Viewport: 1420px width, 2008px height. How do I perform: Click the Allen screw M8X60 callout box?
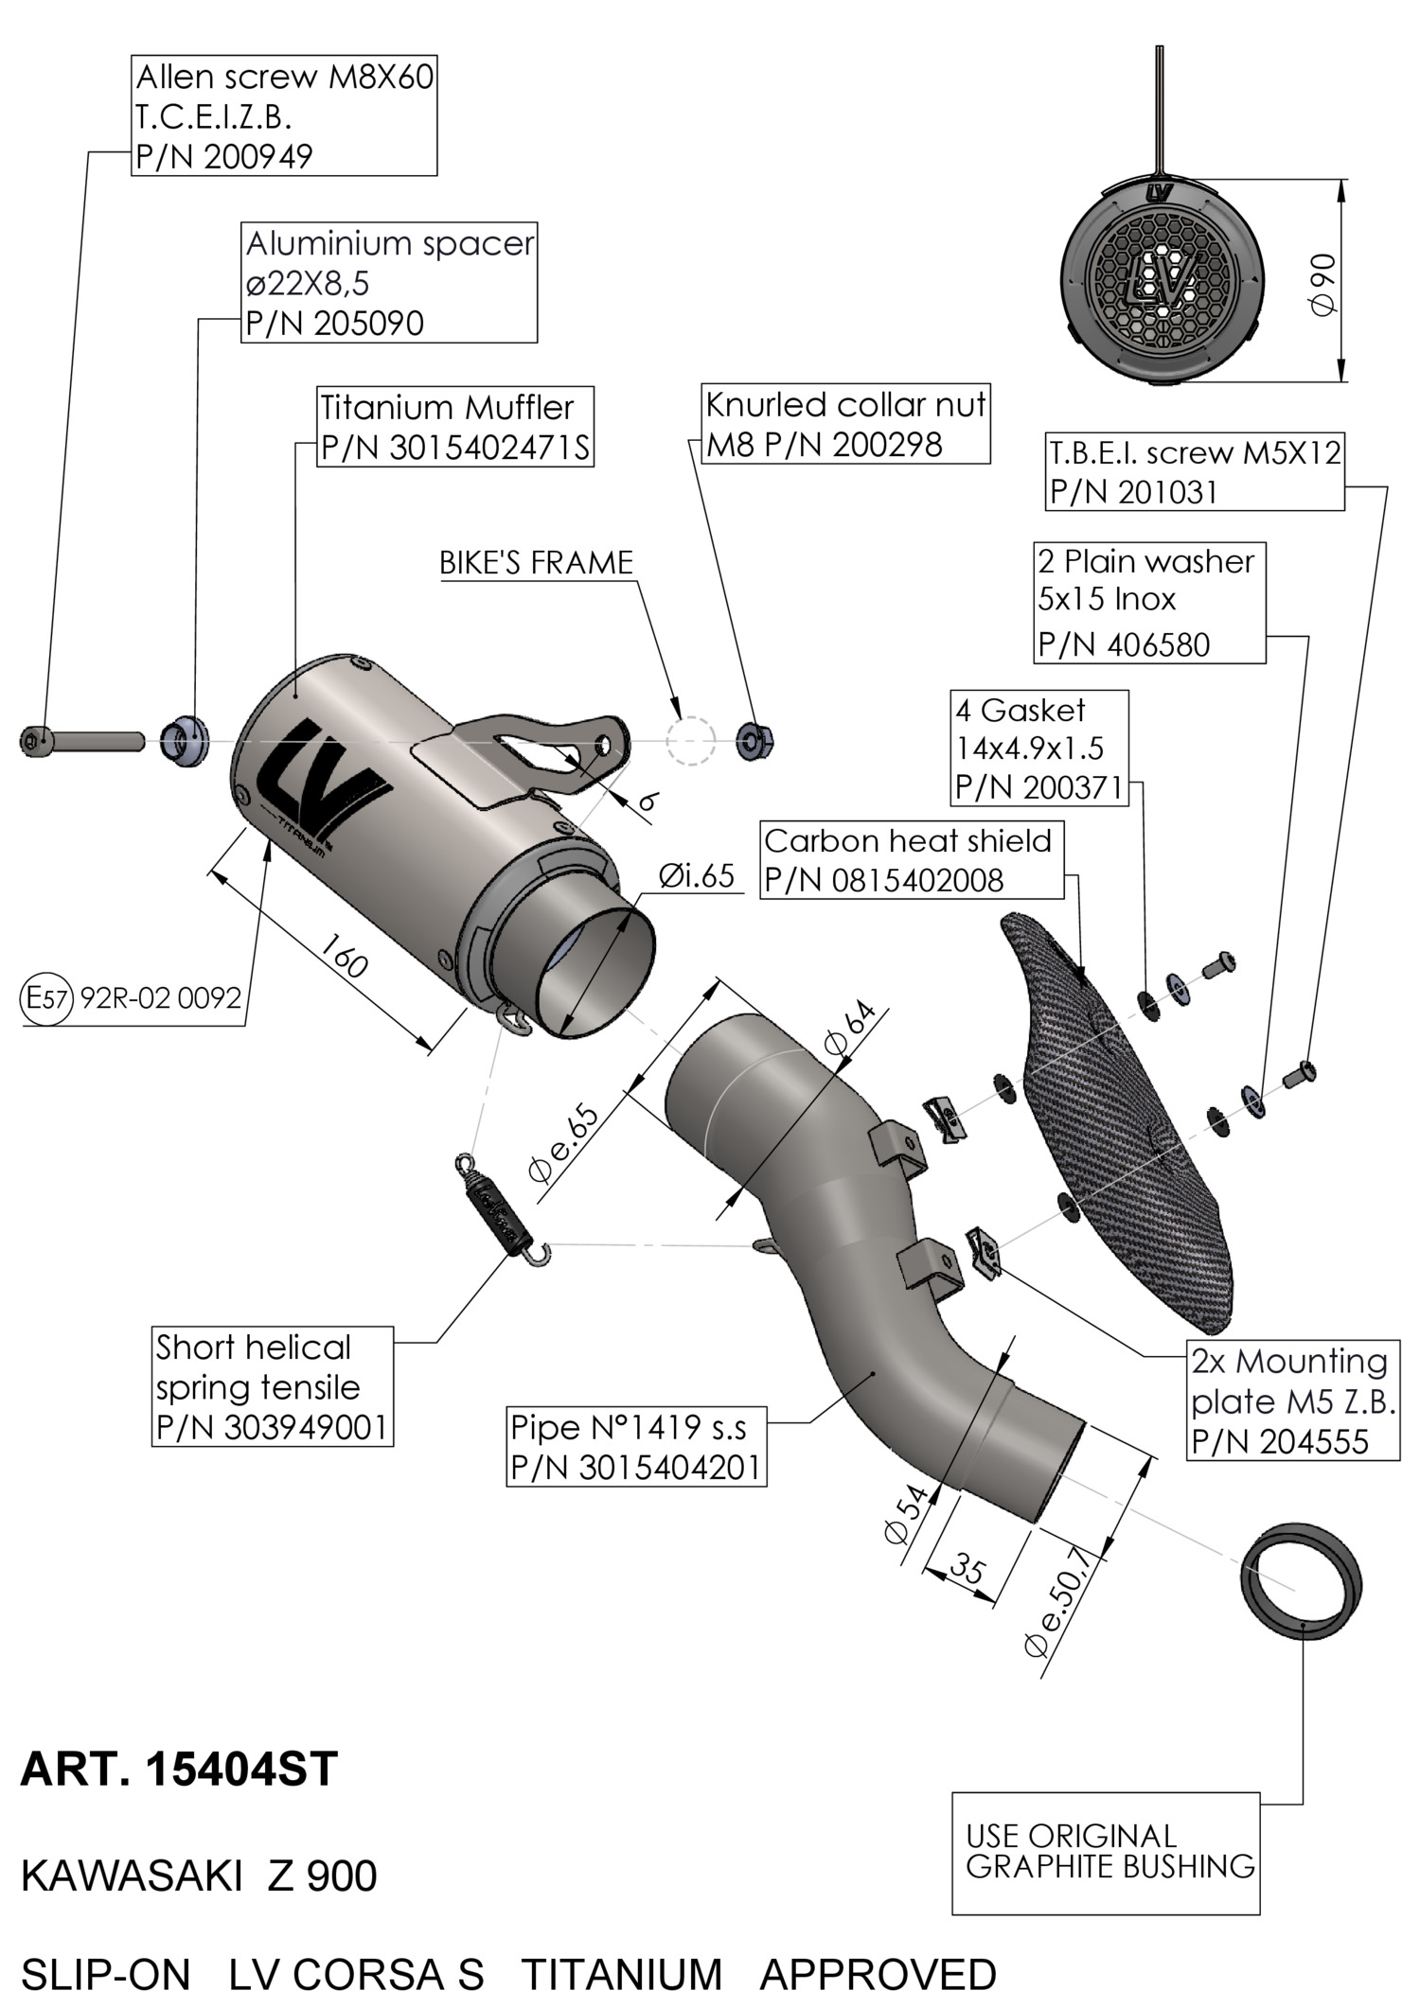point(284,115)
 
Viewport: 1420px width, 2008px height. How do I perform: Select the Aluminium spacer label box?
point(389,283)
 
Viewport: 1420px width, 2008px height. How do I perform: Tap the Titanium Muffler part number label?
point(455,427)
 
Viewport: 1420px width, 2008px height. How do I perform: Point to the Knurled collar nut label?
point(845,424)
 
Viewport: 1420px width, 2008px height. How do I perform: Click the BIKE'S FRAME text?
point(536,563)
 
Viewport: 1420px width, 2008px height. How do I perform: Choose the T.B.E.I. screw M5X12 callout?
point(1195,472)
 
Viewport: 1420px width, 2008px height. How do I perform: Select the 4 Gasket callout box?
point(1039,748)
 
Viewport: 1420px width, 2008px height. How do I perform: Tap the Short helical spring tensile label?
point(273,1386)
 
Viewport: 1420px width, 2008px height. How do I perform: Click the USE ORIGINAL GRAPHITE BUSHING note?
point(1106,1852)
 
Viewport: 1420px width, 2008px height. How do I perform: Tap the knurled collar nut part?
point(756,739)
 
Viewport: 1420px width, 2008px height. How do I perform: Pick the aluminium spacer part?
point(185,741)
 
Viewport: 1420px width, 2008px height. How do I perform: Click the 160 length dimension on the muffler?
point(343,957)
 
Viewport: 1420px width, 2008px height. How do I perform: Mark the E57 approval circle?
point(45,997)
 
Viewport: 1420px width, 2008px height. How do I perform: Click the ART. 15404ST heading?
point(179,1769)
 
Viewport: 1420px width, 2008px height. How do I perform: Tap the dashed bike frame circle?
point(689,741)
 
